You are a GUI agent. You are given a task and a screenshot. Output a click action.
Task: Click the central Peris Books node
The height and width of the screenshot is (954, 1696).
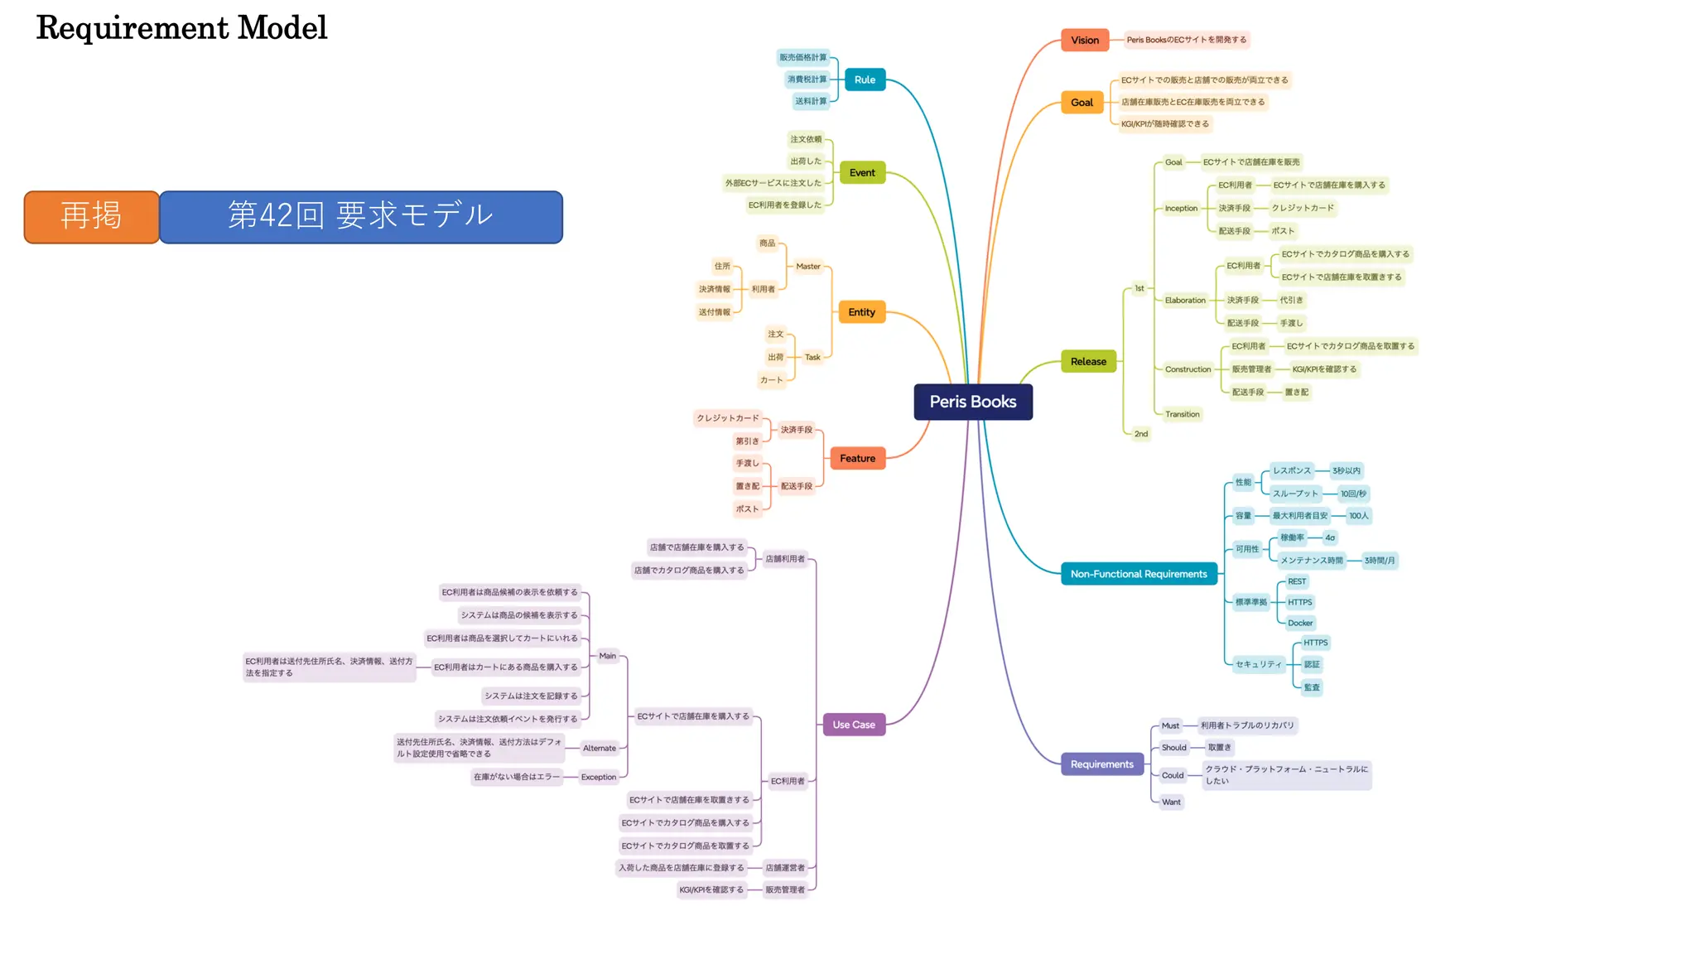coord(973,402)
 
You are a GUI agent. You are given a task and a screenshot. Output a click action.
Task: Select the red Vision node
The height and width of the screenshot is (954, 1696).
coord(1085,40)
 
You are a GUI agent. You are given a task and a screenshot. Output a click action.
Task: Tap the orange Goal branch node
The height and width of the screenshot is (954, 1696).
coord(1082,103)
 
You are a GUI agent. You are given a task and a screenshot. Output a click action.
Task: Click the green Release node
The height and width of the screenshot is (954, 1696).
coord(1088,361)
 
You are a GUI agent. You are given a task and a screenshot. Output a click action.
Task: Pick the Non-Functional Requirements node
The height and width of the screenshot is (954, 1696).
coord(1139,574)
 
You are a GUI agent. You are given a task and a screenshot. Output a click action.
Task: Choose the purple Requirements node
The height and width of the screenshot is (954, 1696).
coord(1102,764)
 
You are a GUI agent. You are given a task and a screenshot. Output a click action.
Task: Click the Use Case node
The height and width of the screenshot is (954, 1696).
coord(854,725)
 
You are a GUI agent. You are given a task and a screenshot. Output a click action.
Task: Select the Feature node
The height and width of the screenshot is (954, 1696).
coord(857,458)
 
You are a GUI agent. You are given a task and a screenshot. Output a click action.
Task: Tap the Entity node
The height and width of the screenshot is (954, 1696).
coord(861,312)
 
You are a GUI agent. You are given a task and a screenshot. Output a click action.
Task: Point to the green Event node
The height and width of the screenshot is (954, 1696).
coord(862,172)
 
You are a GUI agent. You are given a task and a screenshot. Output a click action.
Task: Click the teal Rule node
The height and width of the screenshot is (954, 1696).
coord(865,79)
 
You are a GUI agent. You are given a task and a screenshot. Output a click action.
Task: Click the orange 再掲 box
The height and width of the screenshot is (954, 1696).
coord(91,216)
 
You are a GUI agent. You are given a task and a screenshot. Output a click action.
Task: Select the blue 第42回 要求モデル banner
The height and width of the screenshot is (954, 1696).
coord(361,216)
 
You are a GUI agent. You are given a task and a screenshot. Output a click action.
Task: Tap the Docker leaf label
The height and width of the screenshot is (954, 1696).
coord(1300,623)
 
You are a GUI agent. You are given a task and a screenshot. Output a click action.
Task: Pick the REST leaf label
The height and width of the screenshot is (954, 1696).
coord(1297,581)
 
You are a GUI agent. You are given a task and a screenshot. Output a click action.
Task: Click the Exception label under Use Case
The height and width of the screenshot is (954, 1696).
coord(599,777)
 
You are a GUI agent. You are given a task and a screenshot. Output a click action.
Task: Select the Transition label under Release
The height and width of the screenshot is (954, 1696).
coord(1182,414)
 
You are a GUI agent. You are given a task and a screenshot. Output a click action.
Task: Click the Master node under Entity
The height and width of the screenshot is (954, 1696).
coord(808,267)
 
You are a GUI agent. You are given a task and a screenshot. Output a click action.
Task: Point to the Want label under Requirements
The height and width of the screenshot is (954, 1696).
coord(1171,802)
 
